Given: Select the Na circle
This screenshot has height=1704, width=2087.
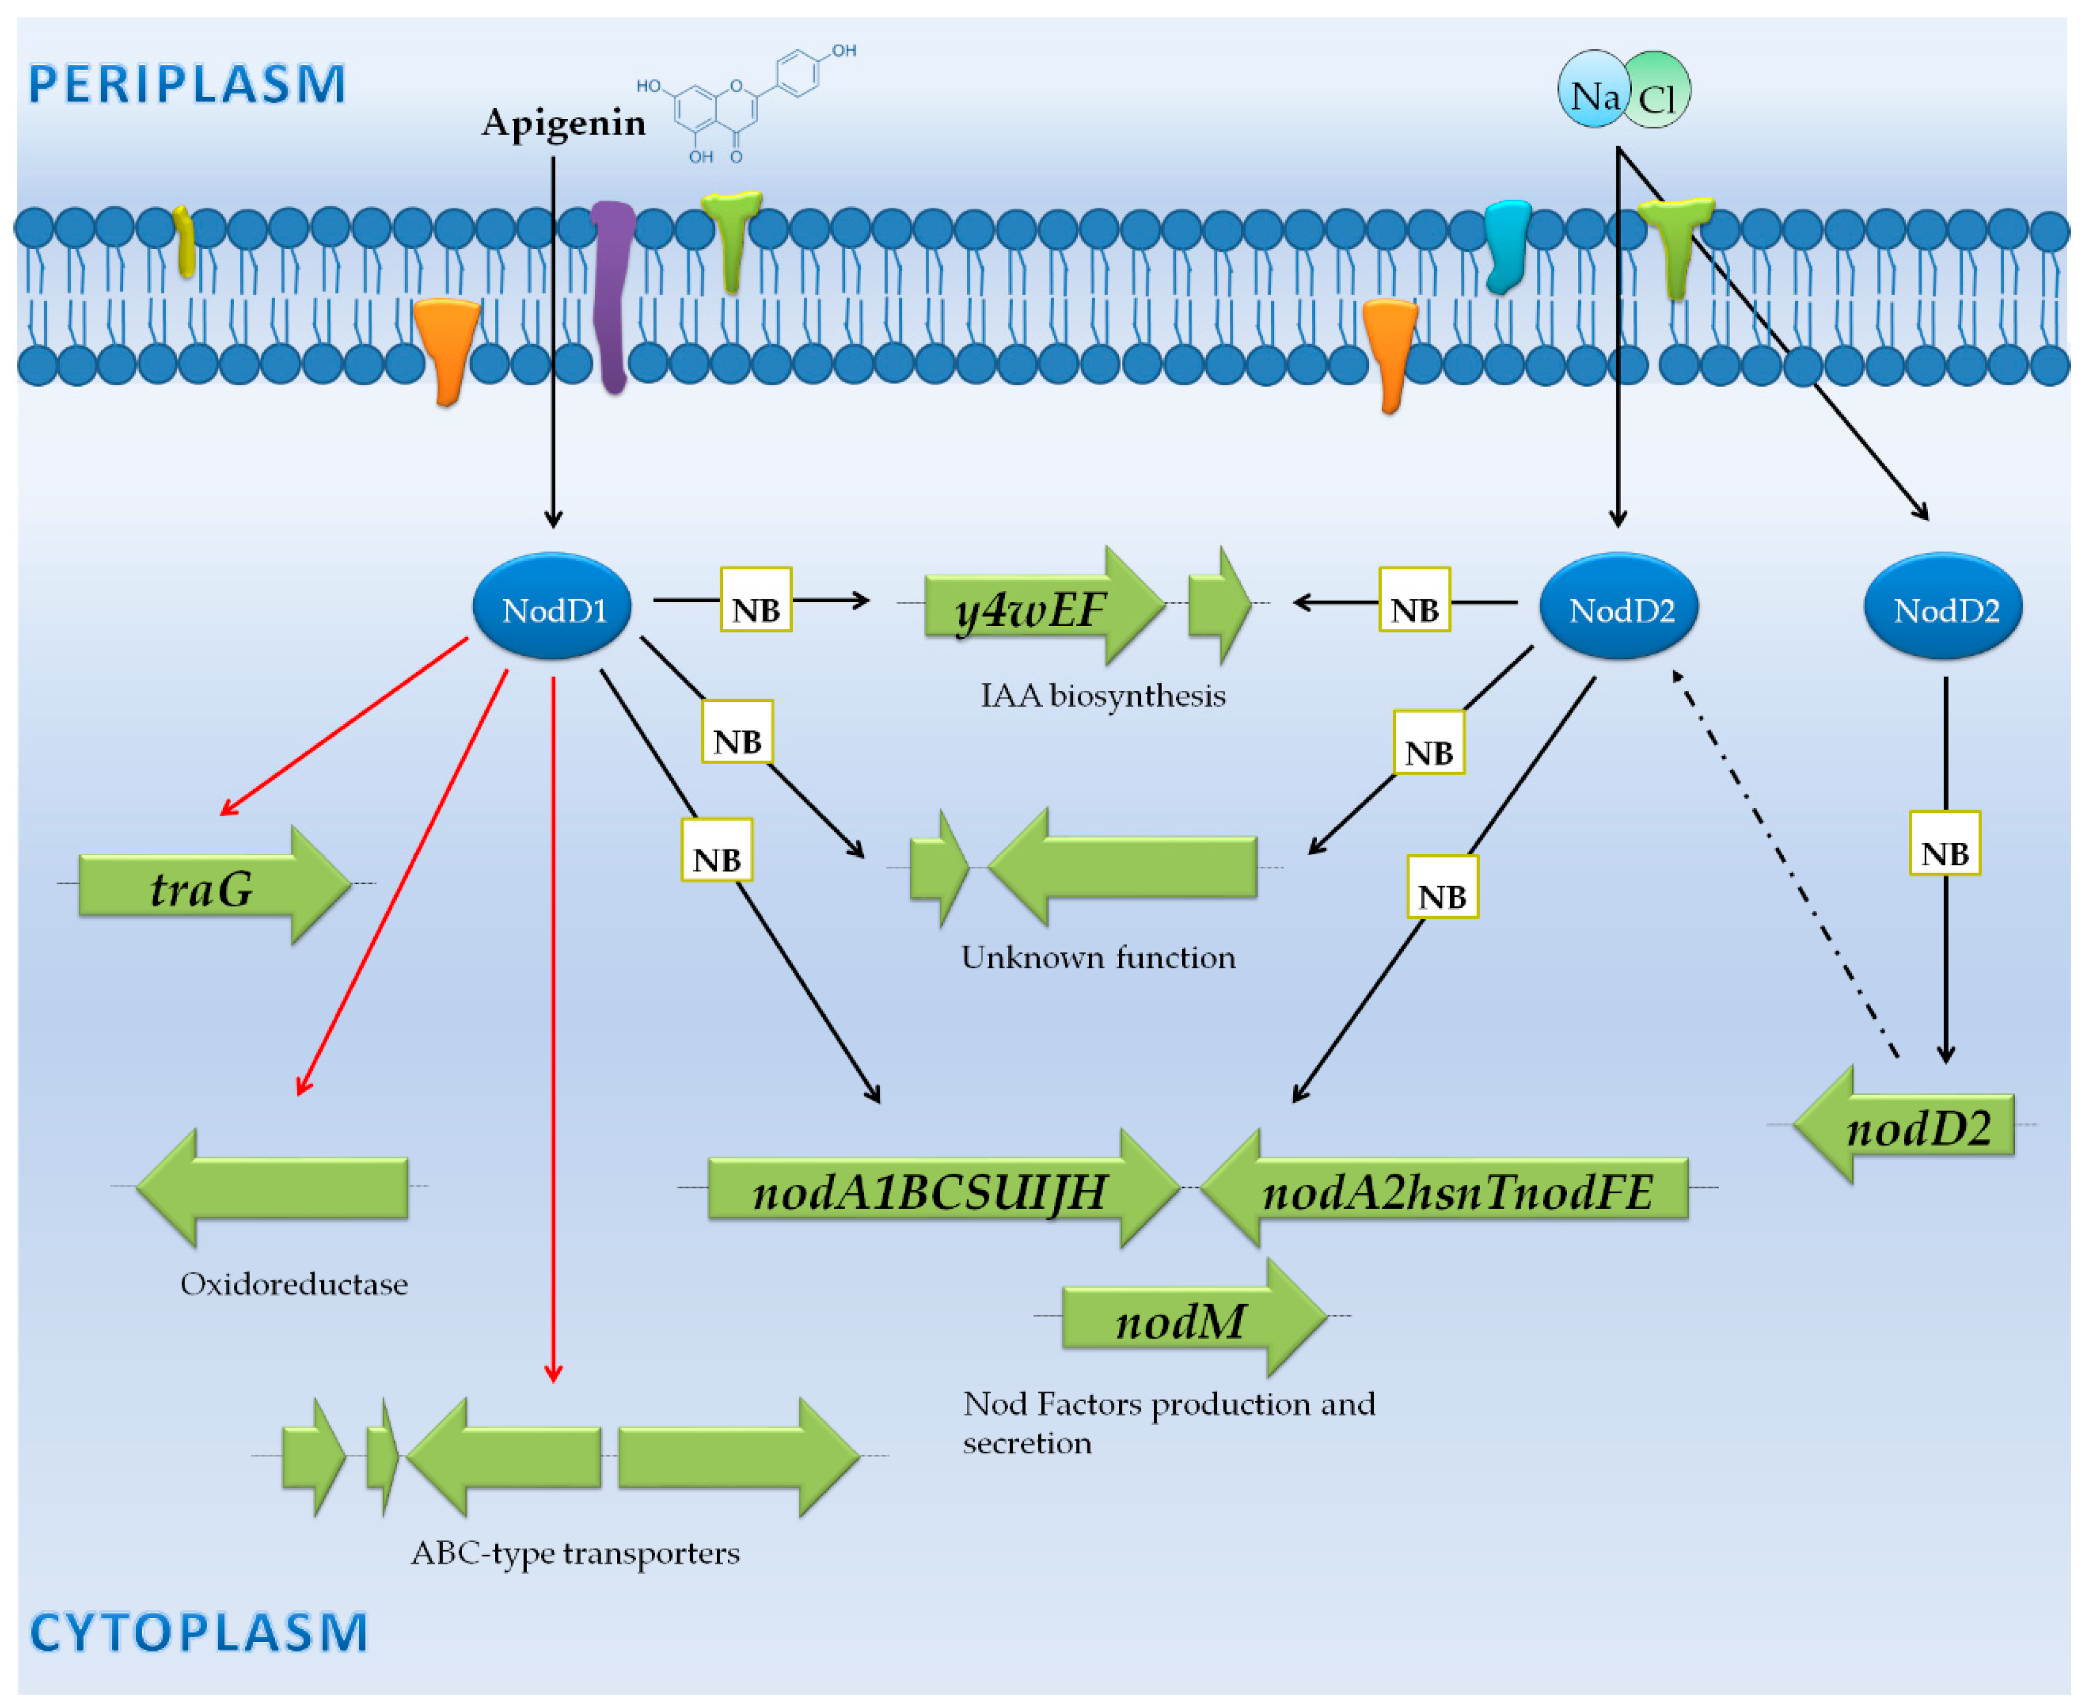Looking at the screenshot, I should point(1593,91).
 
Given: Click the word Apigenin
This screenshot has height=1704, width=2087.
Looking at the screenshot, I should point(564,122).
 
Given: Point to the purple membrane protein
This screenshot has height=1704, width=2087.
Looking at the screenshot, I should point(612,295).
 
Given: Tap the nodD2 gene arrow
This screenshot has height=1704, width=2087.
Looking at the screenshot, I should point(1909,1126).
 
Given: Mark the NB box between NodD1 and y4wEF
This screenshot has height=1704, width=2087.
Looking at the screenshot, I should point(756,600).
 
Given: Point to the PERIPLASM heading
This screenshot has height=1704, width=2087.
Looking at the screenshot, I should point(186,84).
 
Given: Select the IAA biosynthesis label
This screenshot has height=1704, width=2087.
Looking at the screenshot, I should point(1102,696).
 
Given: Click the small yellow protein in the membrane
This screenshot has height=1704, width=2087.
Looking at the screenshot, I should point(183,240).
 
